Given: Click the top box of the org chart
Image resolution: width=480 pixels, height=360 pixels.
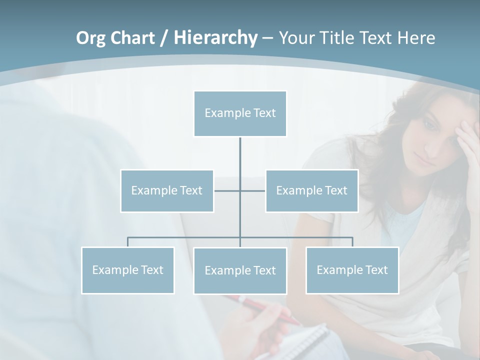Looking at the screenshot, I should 240,113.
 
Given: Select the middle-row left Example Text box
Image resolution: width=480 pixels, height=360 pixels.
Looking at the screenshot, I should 167,190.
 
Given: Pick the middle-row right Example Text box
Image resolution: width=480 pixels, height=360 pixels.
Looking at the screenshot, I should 311,190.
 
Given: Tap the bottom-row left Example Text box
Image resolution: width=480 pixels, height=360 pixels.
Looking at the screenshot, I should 127,270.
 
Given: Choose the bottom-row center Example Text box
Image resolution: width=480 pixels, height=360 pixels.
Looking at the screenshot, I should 240,270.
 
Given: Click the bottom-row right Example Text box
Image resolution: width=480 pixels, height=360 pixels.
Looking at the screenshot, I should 352,270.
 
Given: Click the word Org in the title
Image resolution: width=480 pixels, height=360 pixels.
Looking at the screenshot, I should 89,38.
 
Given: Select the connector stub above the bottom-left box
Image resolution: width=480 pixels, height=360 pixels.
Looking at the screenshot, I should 127,242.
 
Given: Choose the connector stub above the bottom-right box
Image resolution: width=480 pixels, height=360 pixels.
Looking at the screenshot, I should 352,242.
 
